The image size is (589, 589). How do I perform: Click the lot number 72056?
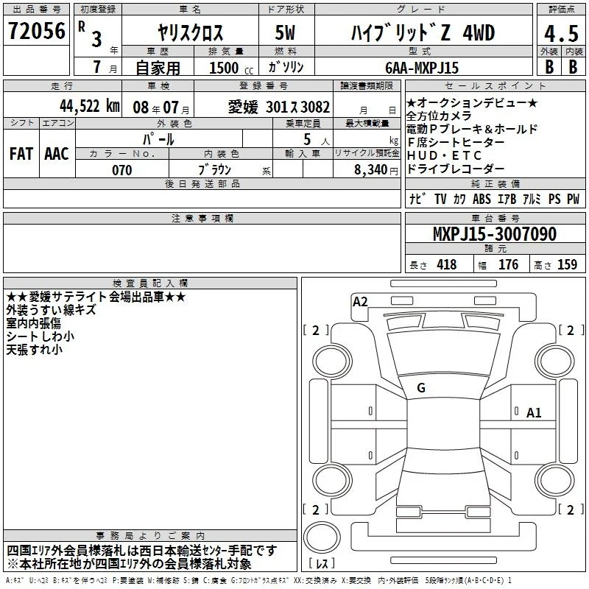[x=36, y=31]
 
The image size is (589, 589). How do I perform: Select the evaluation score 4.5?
[x=561, y=33]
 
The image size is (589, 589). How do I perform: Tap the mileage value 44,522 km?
[x=90, y=106]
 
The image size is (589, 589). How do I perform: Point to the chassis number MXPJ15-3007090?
[x=495, y=233]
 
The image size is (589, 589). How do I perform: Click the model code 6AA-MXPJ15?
[x=422, y=68]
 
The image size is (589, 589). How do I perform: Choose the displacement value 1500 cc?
[x=231, y=68]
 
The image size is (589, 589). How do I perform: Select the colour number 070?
[x=122, y=170]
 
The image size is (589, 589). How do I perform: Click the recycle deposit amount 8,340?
[x=371, y=169]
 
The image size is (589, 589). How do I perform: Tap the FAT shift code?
[x=21, y=154]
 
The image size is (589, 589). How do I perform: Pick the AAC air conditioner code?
[x=57, y=154]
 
